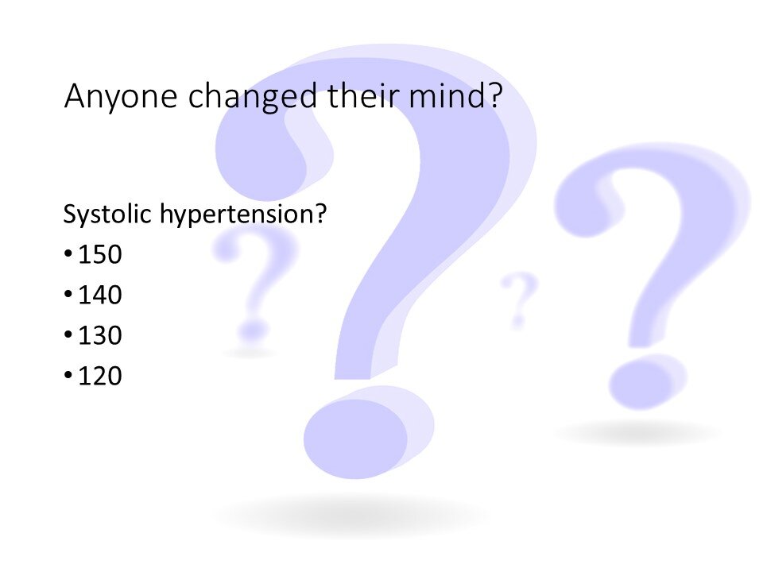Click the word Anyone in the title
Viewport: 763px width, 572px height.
(x=121, y=97)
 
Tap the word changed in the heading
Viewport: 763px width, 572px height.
(x=253, y=97)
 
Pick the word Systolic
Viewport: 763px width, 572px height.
(x=107, y=214)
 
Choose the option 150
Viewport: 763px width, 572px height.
(x=100, y=254)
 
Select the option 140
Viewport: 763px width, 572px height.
(x=100, y=294)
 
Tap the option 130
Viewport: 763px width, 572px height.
(x=100, y=334)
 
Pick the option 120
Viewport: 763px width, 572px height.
(x=100, y=375)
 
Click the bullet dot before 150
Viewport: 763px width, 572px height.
(x=68, y=253)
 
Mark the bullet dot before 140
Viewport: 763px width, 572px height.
(x=68, y=294)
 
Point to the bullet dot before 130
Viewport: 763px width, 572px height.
(x=68, y=334)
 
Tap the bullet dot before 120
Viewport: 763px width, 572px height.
(x=68, y=374)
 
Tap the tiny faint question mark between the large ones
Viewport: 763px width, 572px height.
(x=519, y=300)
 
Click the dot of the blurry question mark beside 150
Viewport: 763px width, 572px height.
(x=253, y=330)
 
